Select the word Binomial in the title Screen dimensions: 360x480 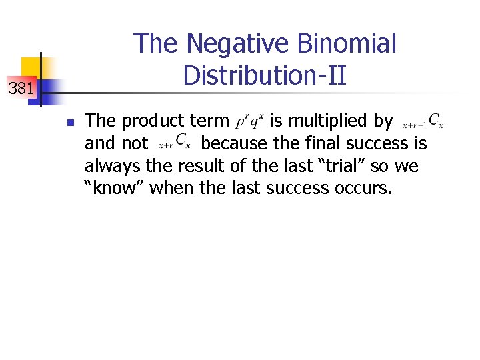(x=347, y=44)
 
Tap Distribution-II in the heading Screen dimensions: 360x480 (x=265, y=75)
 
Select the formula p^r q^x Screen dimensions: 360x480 (x=250, y=121)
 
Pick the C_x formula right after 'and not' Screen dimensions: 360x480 (x=175, y=144)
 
